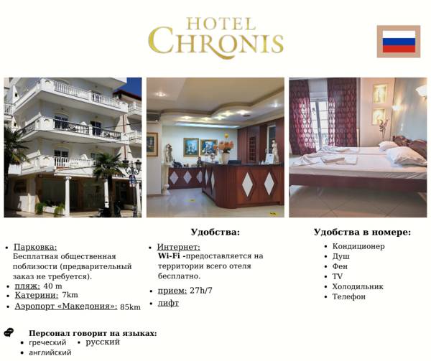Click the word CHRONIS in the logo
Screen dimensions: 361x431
click(x=215, y=42)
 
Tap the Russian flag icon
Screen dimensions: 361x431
click(x=398, y=42)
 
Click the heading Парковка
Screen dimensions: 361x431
click(x=35, y=247)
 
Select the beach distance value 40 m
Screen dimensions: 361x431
click(x=52, y=286)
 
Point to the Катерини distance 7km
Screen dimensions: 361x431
click(x=70, y=295)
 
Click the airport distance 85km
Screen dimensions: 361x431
click(x=130, y=307)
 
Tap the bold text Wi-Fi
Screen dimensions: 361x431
click(x=170, y=255)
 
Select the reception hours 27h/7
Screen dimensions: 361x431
click(x=201, y=291)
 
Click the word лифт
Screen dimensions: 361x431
click(x=168, y=303)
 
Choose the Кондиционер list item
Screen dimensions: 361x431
click(x=358, y=246)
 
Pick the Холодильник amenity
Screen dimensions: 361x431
click(x=357, y=286)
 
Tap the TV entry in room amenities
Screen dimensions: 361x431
click(x=337, y=276)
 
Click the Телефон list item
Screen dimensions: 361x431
click(x=348, y=296)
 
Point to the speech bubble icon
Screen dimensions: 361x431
click(x=9, y=332)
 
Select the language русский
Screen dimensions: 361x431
click(x=103, y=342)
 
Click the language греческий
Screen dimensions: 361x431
click(x=47, y=343)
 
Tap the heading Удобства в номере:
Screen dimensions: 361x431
click(x=362, y=232)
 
